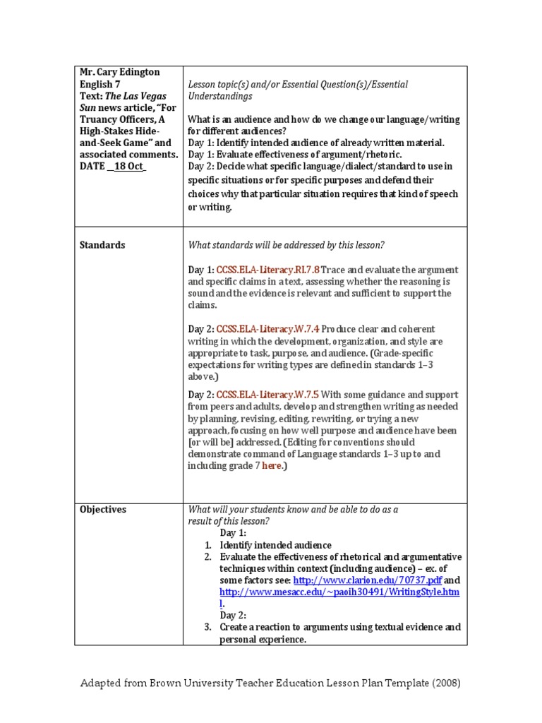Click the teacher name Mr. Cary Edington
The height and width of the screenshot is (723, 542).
(x=120, y=73)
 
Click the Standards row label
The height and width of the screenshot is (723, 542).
(x=102, y=245)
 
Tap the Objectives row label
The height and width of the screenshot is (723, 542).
(x=103, y=509)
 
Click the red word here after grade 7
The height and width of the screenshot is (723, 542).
(x=272, y=466)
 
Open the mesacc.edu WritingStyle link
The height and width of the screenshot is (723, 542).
(x=339, y=592)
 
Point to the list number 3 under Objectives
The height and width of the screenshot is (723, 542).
(x=208, y=627)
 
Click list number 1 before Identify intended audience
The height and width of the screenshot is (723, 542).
(x=208, y=545)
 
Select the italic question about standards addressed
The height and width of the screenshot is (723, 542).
(x=286, y=245)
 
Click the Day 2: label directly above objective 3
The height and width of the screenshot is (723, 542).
(x=232, y=616)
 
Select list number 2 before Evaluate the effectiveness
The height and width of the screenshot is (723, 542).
(x=208, y=557)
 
